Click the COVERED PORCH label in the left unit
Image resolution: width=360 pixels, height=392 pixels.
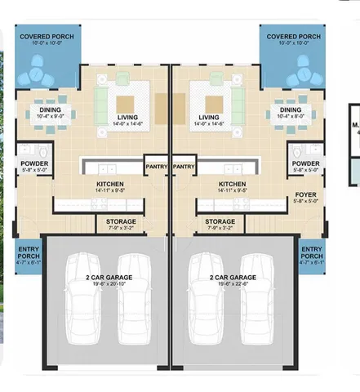click(x=47, y=37)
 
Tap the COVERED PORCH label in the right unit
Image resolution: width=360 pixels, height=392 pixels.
click(x=293, y=37)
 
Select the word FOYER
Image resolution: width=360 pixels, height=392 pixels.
click(x=305, y=194)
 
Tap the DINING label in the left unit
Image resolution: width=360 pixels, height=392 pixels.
click(x=51, y=110)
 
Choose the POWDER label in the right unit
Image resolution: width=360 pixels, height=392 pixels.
click(x=305, y=163)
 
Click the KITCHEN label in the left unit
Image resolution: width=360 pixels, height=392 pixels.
click(x=109, y=185)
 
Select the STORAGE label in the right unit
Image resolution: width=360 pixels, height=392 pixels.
click(x=220, y=221)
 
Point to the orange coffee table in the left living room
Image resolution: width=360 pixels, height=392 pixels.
click(x=125, y=104)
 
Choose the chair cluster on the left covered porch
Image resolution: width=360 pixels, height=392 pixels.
click(x=38, y=73)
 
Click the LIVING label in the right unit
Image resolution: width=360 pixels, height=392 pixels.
click(x=214, y=118)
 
